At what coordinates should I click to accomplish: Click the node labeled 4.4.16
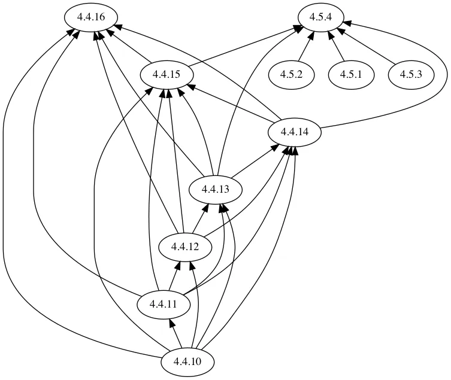point(92,17)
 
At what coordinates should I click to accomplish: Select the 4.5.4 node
point(321,17)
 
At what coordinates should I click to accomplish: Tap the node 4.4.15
point(167,75)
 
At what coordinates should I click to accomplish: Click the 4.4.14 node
point(295,132)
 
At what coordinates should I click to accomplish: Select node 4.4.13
point(216,190)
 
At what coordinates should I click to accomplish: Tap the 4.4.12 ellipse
point(185,247)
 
